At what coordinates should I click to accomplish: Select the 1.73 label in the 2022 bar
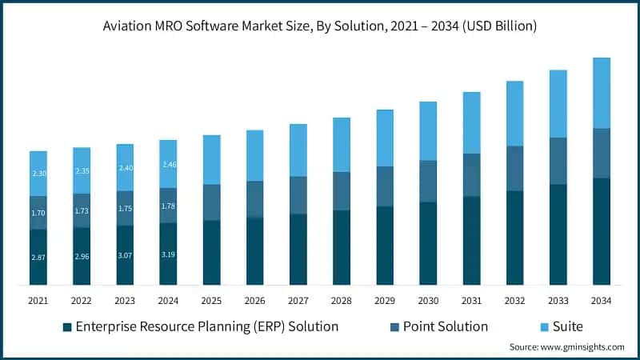pos(82,210)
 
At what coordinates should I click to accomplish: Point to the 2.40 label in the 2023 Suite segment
pos(125,168)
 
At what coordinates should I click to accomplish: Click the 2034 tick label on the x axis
pos(601,301)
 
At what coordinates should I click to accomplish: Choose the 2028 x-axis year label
pos(341,301)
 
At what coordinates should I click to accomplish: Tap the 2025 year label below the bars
pos(211,301)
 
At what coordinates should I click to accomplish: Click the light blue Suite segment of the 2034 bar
pos(601,93)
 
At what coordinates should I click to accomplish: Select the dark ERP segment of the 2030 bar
pos(428,243)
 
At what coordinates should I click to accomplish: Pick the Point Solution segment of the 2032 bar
pos(514,168)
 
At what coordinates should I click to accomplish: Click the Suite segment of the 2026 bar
pos(254,155)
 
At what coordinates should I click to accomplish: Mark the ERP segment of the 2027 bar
pos(298,249)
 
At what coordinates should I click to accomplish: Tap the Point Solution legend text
pos(446,326)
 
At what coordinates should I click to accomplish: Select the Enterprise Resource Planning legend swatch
pos(67,326)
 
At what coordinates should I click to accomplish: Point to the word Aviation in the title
pos(130,26)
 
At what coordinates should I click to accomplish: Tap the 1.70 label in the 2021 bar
pos(38,214)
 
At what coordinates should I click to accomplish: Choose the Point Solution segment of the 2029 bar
pos(385,186)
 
